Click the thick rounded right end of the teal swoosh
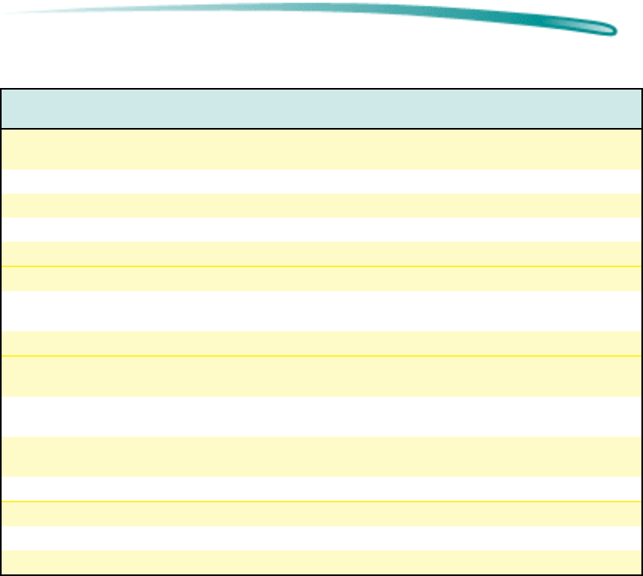pyautogui.click(x=605, y=29)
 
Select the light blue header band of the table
pyautogui.click(x=321, y=109)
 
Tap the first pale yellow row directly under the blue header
pyautogui.click(x=321, y=149)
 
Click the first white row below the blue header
pyautogui.click(x=321, y=182)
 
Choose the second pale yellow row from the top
pyautogui.click(x=321, y=206)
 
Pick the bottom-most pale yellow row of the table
pyautogui.click(x=321, y=562)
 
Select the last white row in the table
pyautogui.click(x=321, y=538)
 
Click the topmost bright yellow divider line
pyautogui.click(x=321, y=266)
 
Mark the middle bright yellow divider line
pyautogui.click(x=321, y=356)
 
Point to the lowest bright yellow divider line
pyautogui.click(x=321, y=502)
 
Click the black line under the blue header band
pyautogui.click(x=321, y=129)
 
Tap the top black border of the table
pyautogui.click(x=321, y=89)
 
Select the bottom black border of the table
pyautogui.click(x=321, y=574)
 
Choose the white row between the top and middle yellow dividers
pyautogui.click(x=321, y=311)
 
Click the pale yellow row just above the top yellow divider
pyautogui.click(x=321, y=254)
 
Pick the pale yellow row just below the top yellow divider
pyautogui.click(x=321, y=278)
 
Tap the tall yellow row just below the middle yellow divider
pyautogui.click(x=321, y=376)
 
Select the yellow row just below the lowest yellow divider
pyautogui.click(x=321, y=514)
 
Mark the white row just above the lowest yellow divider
pyautogui.click(x=321, y=489)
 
